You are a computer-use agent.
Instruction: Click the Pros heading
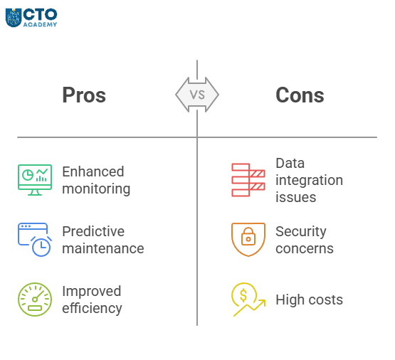pyautogui.click(x=84, y=95)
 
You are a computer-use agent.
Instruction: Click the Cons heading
pyautogui.click(x=300, y=95)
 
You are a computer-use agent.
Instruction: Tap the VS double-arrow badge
pyautogui.click(x=197, y=95)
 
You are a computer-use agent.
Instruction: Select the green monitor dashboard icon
pyautogui.click(x=35, y=180)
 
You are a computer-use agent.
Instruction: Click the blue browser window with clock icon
pyautogui.click(x=35, y=240)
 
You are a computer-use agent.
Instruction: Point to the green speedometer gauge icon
pyautogui.click(x=35, y=300)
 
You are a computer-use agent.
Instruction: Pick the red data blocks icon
pyautogui.click(x=248, y=180)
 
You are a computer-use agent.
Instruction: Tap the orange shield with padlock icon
pyautogui.click(x=248, y=240)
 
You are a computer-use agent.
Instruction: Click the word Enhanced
pyautogui.click(x=93, y=171)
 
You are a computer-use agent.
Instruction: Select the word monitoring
pyautogui.click(x=96, y=189)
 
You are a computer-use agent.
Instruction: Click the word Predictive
pyautogui.click(x=93, y=231)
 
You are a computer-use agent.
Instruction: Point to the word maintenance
pyautogui.click(x=103, y=248)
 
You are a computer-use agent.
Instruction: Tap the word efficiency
pyautogui.click(x=92, y=308)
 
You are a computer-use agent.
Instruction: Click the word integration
pyautogui.click(x=309, y=181)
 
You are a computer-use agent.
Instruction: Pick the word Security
pyautogui.click(x=301, y=232)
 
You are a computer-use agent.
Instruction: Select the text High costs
pyautogui.click(x=309, y=300)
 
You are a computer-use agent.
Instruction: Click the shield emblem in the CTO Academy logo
pyautogui.click(x=14, y=18)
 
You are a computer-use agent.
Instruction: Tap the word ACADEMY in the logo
pyautogui.click(x=40, y=24)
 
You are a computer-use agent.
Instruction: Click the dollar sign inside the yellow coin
pyautogui.click(x=243, y=295)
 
